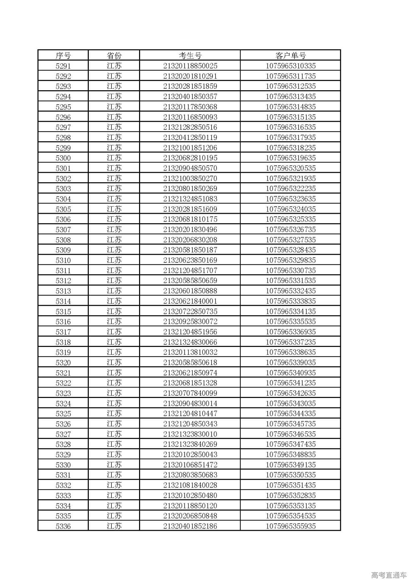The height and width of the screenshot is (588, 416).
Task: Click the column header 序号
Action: pyautogui.click(x=63, y=56)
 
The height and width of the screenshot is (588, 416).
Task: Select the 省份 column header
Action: pyautogui.click(x=114, y=56)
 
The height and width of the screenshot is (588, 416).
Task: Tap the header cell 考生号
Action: pyautogui.click(x=190, y=56)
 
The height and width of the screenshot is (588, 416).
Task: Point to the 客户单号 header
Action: pyautogui.click(x=291, y=56)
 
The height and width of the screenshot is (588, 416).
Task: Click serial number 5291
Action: pyautogui.click(x=63, y=66)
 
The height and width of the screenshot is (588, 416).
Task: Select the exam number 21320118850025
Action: pyautogui.click(x=190, y=66)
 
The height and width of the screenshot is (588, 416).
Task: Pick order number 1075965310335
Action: pyautogui.click(x=291, y=66)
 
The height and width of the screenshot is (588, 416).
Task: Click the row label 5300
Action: pyautogui.click(x=63, y=158)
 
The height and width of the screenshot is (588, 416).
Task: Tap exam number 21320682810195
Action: pyautogui.click(x=190, y=158)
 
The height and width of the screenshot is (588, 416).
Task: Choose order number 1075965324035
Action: pyautogui.click(x=291, y=209)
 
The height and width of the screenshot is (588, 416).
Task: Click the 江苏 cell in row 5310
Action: pyautogui.click(x=114, y=260)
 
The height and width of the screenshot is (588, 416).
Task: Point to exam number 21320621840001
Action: pyautogui.click(x=190, y=301)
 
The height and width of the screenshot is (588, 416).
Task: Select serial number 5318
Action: pyautogui.click(x=63, y=342)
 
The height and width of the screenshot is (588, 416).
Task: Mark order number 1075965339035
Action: pyautogui.click(x=291, y=363)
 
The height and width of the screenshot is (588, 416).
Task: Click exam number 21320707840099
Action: pyautogui.click(x=190, y=393)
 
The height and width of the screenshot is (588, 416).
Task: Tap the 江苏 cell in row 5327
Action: pyautogui.click(x=114, y=434)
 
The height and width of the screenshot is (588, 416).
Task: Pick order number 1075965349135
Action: pyautogui.click(x=291, y=465)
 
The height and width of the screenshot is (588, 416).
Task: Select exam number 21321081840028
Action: pyautogui.click(x=190, y=485)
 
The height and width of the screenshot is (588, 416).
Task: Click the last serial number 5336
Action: pyautogui.click(x=63, y=526)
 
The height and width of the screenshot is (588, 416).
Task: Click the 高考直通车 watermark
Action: pyautogui.click(x=389, y=575)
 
